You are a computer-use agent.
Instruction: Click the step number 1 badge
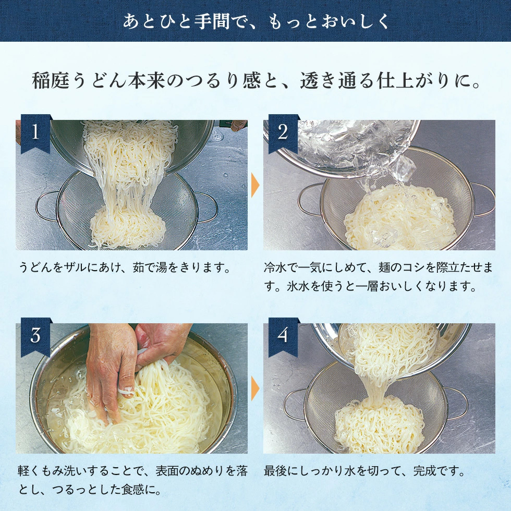coord(35,133)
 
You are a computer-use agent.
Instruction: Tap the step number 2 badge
coord(283,133)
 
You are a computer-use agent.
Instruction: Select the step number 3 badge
coord(35,336)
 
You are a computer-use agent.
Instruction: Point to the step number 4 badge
coord(283,336)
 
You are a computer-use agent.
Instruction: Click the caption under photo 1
coord(125,268)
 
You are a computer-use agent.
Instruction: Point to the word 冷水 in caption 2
coord(275,268)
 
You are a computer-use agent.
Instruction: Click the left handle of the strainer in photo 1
coord(44,205)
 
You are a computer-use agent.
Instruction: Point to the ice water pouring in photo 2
coord(360,151)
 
